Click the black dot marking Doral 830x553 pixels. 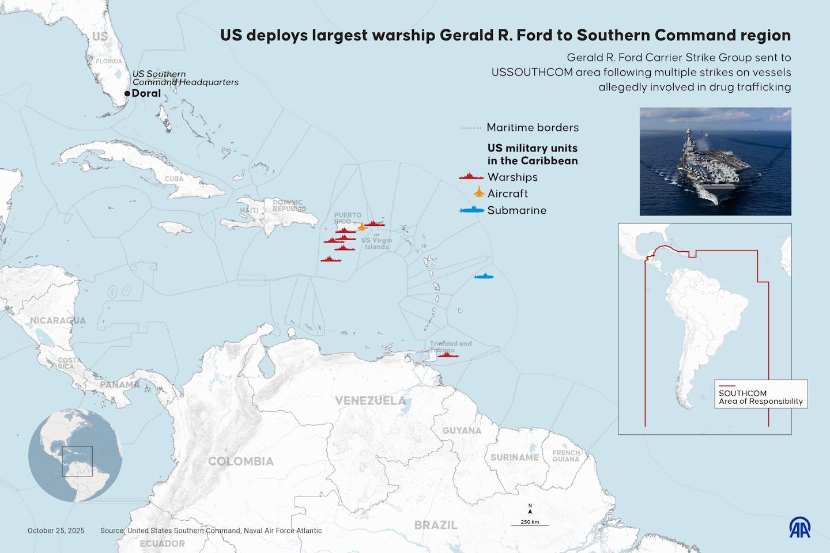click(x=127, y=93)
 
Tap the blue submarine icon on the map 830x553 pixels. click(x=484, y=277)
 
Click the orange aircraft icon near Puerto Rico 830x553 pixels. click(x=361, y=226)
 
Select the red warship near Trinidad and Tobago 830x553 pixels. click(x=448, y=355)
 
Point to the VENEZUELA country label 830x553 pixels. click(x=370, y=400)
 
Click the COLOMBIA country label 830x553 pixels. click(x=240, y=461)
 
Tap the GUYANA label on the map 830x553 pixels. click(x=461, y=430)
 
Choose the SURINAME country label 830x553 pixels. click(x=514, y=457)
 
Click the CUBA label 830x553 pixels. click(x=174, y=179)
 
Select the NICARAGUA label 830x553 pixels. click(x=58, y=320)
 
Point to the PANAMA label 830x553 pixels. click(x=119, y=384)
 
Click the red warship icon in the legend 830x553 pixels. click(x=471, y=177)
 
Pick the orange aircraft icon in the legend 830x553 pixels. click(x=478, y=192)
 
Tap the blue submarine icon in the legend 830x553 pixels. click(x=471, y=210)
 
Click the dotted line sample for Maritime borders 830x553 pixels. click(x=470, y=128)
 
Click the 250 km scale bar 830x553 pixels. click(x=530, y=525)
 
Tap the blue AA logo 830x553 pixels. click(x=799, y=527)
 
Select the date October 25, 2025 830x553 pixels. click(x=56, y=531)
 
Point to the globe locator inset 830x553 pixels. click(x=75, y=455)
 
